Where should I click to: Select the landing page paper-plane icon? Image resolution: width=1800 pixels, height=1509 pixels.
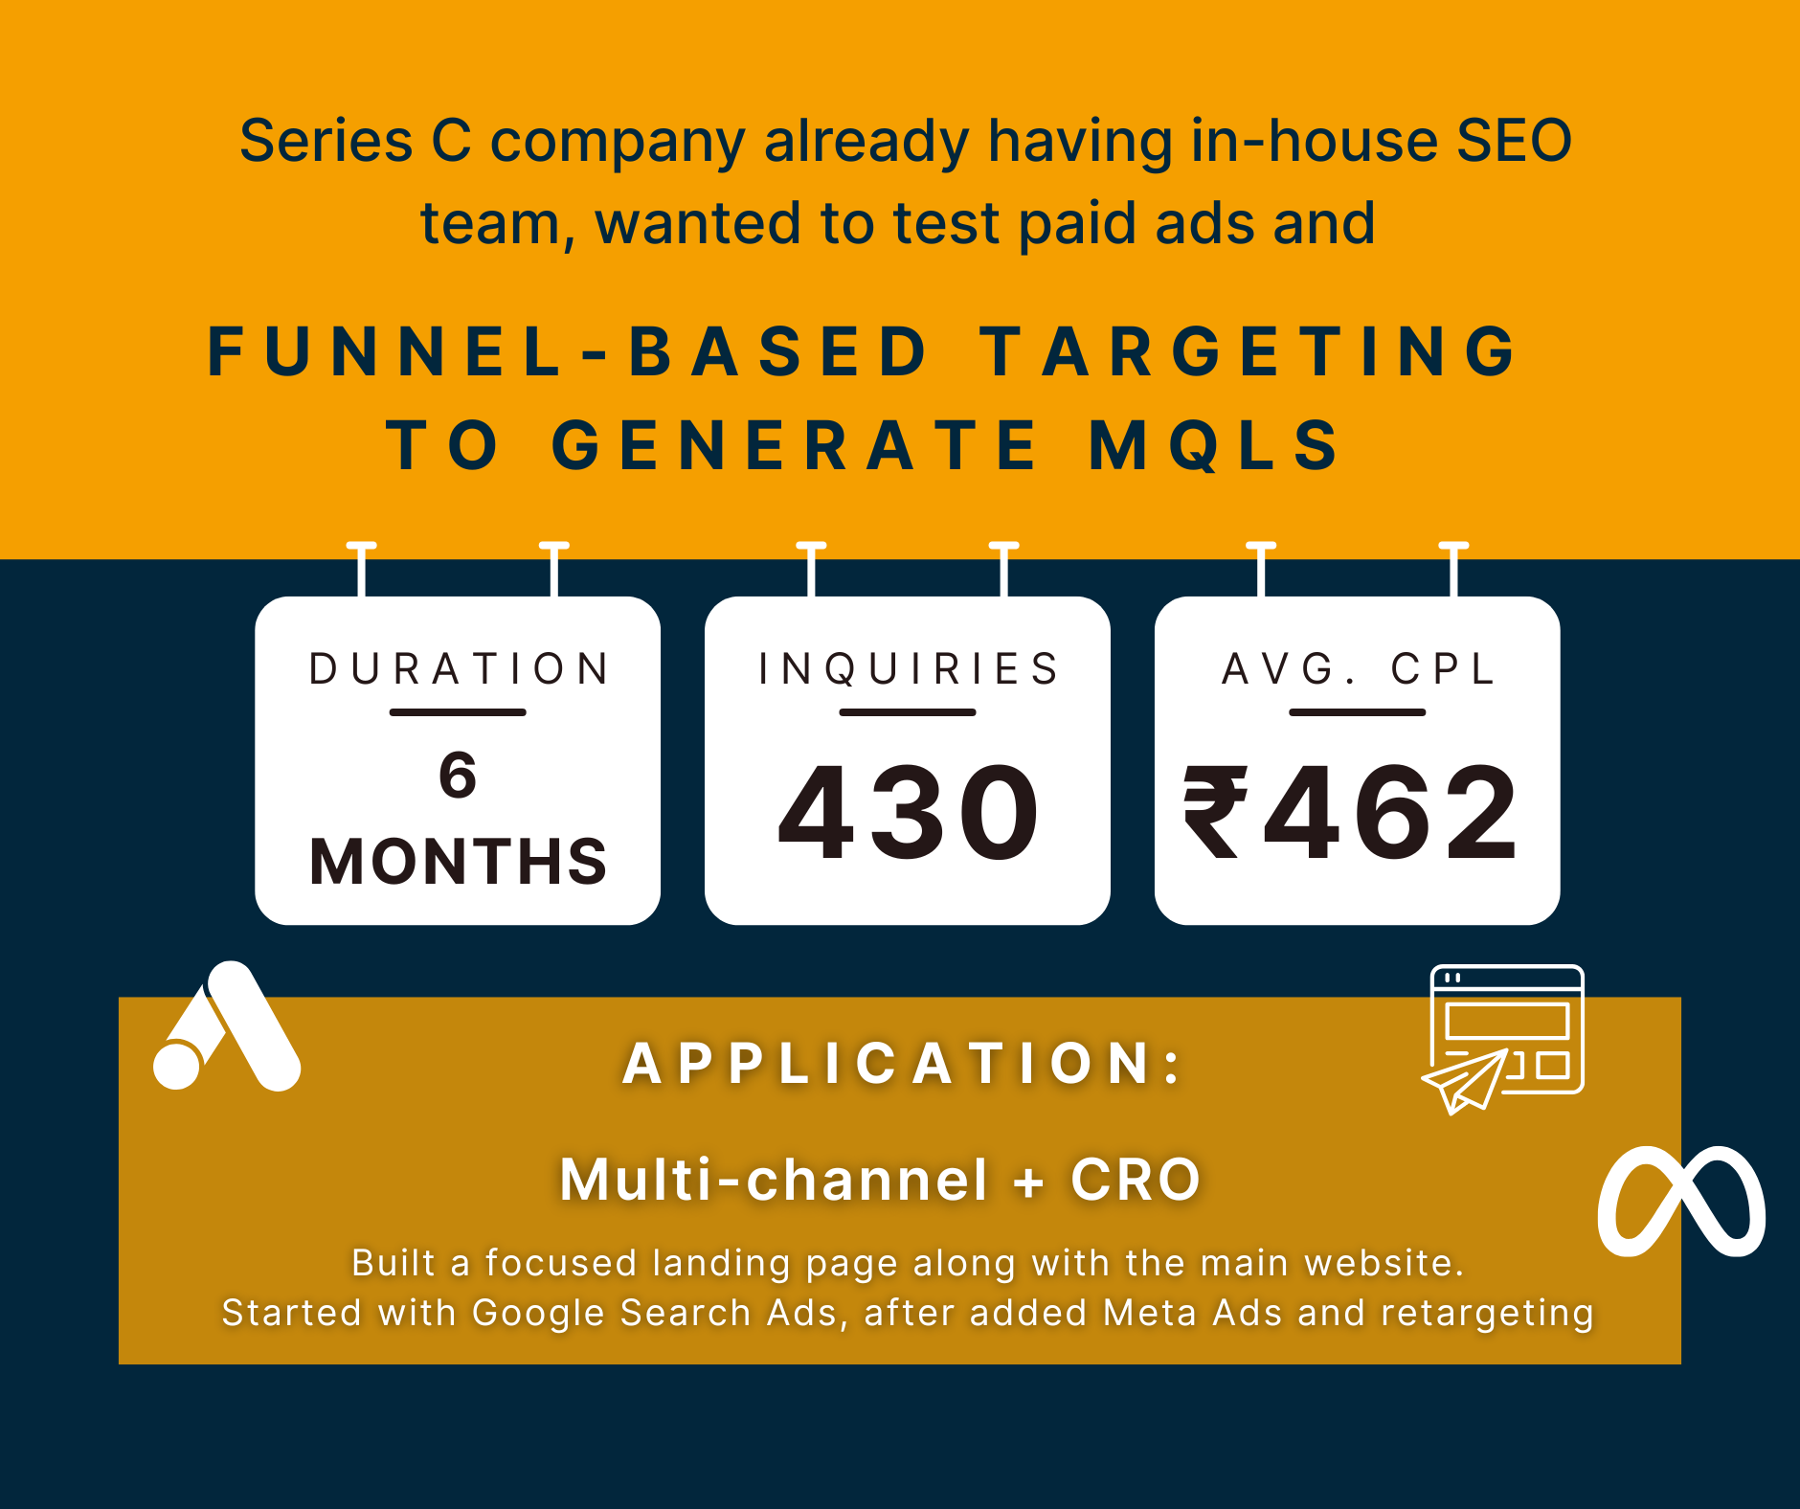pyautogui.click(x=1503, y=1040)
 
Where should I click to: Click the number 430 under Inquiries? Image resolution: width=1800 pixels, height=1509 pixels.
pyautogui.click(x=908, y=812)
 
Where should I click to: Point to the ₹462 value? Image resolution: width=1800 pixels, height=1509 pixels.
pyautogui.click(x=1351, y=812)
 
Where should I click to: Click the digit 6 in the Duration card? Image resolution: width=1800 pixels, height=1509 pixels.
pyautogui.click(x=458, y=775)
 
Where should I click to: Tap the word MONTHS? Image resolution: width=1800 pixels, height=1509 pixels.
pyautogui.click(x=458, y=861)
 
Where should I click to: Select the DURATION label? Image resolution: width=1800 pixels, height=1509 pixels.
pyautogui.click(x=459, y=668)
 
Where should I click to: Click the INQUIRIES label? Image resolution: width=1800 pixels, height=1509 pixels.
pyautogui.click(x=908, y=668)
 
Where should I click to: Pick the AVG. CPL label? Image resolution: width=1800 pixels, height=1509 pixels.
pyautogui.click(x=1358, y=668)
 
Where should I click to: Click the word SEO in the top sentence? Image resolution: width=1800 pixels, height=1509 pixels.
pyautogui.click(x=1514, y=141)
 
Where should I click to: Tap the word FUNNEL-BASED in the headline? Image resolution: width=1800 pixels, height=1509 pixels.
pyautogui.click(x=567, y=351)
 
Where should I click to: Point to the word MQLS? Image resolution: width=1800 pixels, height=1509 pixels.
pyautogui.click(x=1214, y=445)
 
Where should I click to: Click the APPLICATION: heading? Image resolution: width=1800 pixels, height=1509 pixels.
pyautogui.click(x=902, y=1063)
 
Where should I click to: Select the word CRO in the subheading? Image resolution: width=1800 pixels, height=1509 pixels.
pyautogui.click(x=1136, y=1179)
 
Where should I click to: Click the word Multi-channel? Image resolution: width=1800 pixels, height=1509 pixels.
pyautogui.click(x=774, y=1179)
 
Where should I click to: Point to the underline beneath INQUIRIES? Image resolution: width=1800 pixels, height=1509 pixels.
pyautogui.click(x=908, y=712)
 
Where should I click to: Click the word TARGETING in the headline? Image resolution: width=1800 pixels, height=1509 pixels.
pyautogui.click(x=1248, y=351)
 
